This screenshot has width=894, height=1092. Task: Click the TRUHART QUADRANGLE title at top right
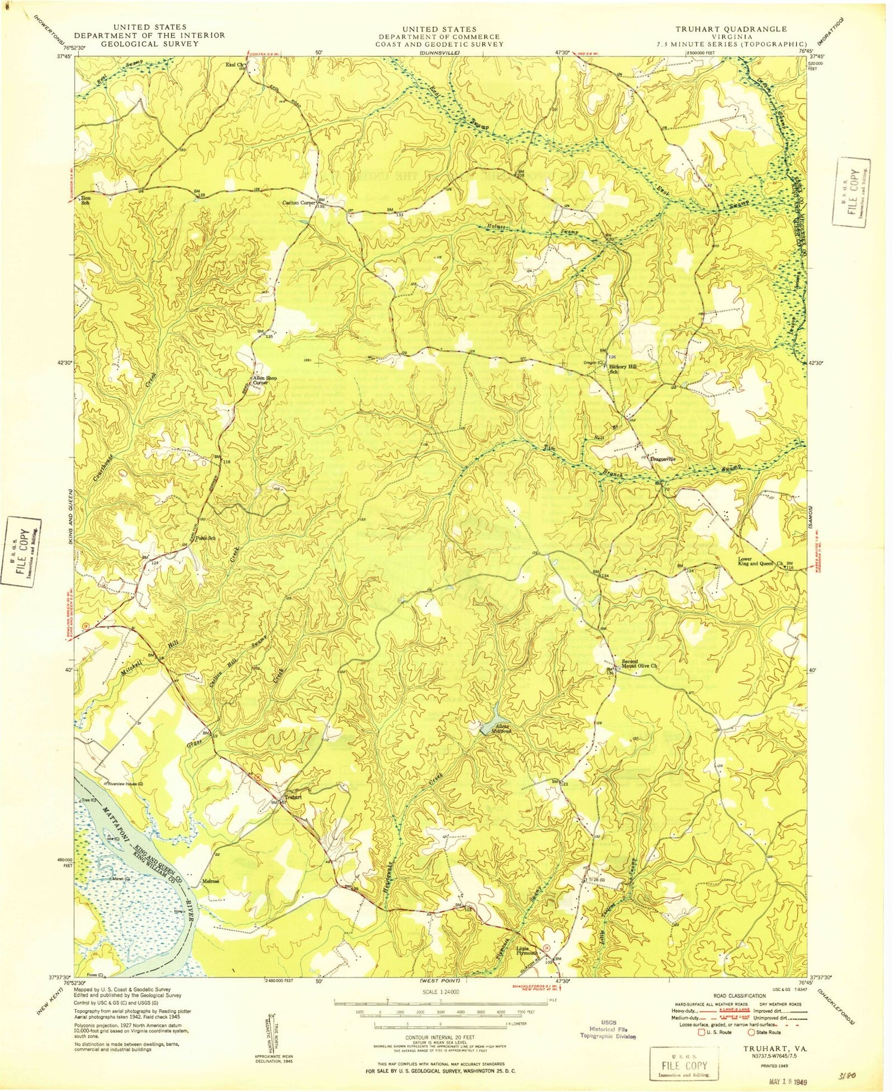[x=731, y=29]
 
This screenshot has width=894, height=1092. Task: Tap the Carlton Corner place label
[x=299, y=203]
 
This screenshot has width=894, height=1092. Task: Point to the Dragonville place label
[x=667, y=459]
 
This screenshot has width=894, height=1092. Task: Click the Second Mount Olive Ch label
[x=639, y=664]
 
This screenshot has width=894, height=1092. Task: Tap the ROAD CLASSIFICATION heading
[x=739, y=995]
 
